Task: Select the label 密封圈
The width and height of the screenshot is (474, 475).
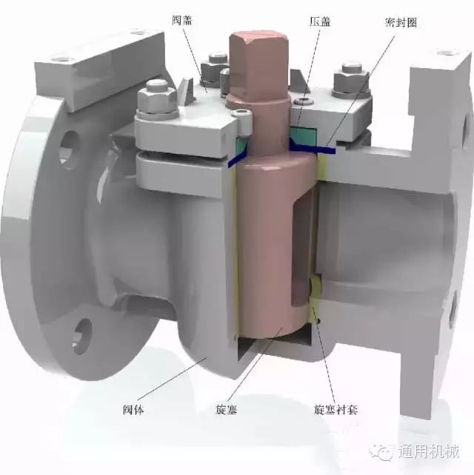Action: click(x=401, y=22)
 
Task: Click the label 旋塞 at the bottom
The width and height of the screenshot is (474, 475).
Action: click(x=225, y=408)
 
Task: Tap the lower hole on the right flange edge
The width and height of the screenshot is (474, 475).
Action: click(x=453, y=314)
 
